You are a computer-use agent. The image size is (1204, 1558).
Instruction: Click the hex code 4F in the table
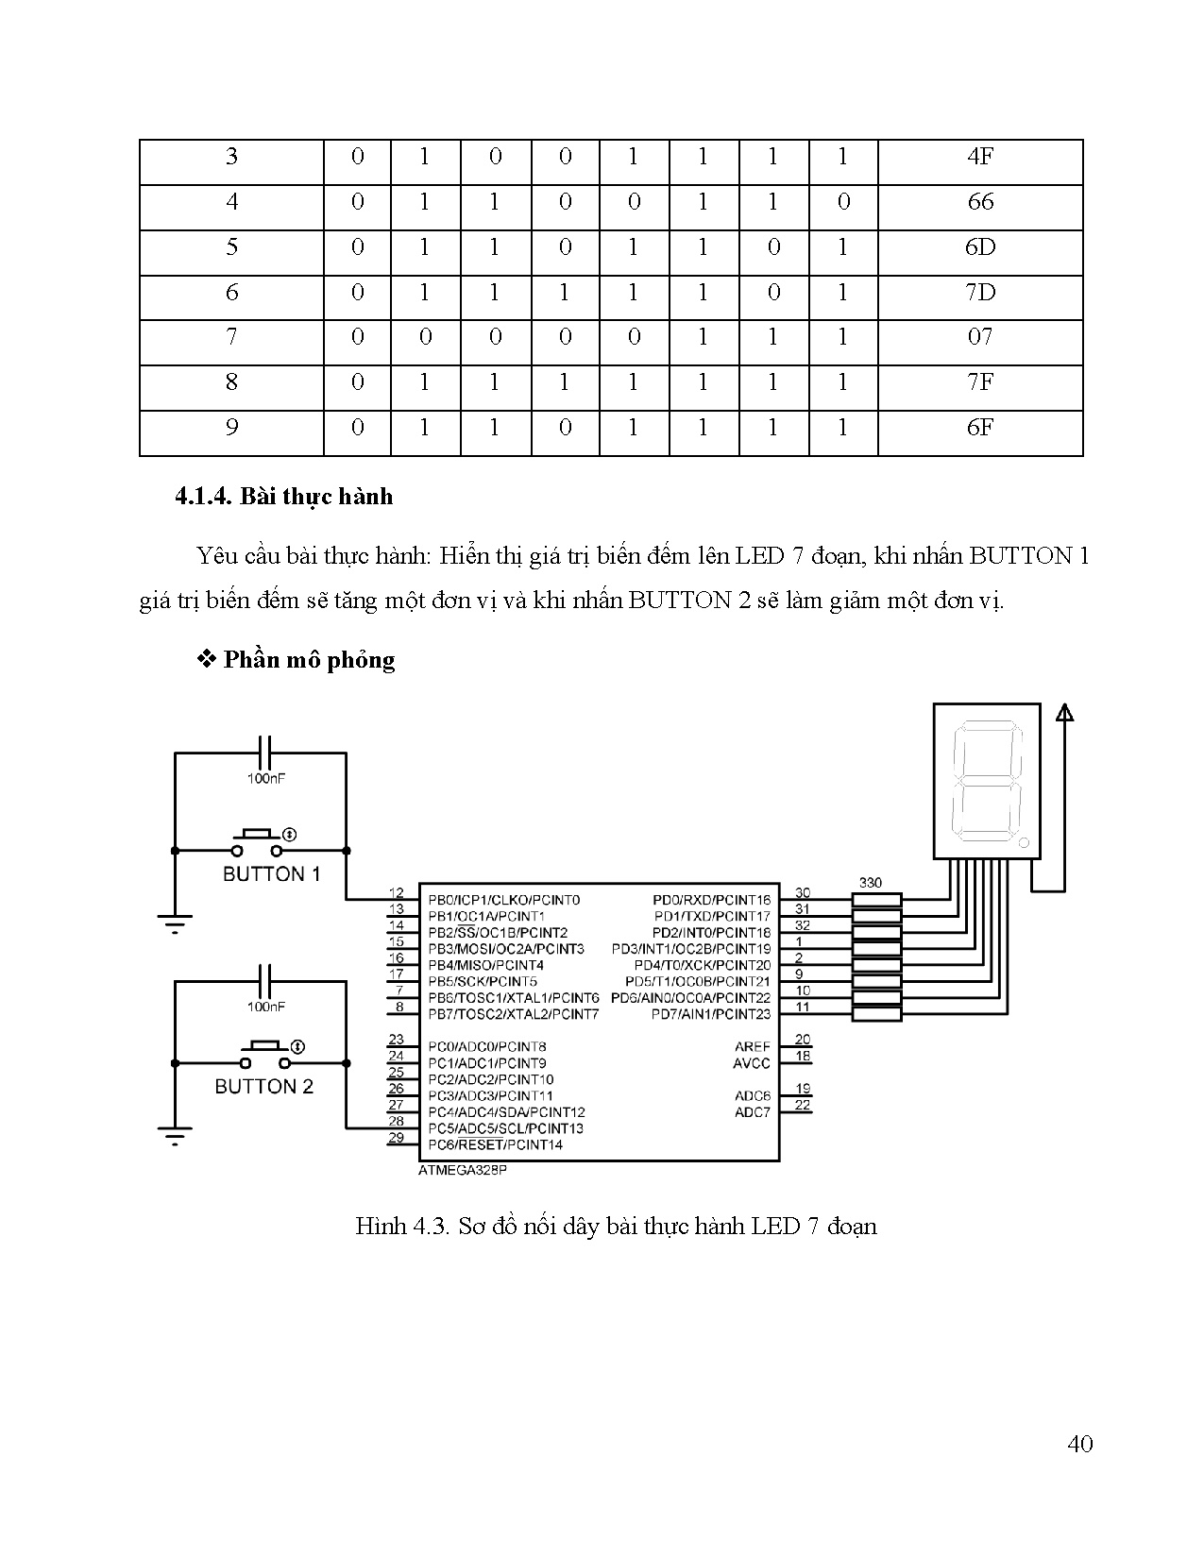click(980, 157)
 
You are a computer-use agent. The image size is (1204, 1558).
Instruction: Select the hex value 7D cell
click(980, 293)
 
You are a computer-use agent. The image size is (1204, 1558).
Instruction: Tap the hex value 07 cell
click(980, 337)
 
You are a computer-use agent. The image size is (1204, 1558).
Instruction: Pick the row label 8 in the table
click(231, 382)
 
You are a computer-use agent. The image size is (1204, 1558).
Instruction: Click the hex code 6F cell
click(980, 428)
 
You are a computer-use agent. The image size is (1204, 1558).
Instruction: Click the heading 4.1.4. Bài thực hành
click(283, 497)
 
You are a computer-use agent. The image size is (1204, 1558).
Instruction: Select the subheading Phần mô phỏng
click(309, 660)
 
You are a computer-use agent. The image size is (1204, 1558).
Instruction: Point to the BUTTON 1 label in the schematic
click(271, 874)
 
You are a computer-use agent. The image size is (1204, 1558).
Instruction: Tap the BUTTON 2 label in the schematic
click(263, 1087)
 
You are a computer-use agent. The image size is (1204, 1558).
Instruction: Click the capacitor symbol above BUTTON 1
click(265, 754)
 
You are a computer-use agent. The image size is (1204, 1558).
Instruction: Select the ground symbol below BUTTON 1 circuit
click(175, 923)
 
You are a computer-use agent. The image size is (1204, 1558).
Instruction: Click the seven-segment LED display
click(986, 781)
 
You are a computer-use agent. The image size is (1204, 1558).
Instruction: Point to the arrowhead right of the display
click(1064, 713)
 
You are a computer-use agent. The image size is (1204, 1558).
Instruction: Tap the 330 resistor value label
click(870, 883)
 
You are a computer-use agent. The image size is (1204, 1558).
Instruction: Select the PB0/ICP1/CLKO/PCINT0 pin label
click(503, 900)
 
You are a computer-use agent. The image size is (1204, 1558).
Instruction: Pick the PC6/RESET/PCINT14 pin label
click(495, 1145)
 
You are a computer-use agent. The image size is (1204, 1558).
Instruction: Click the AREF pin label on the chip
click(752, 1047)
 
